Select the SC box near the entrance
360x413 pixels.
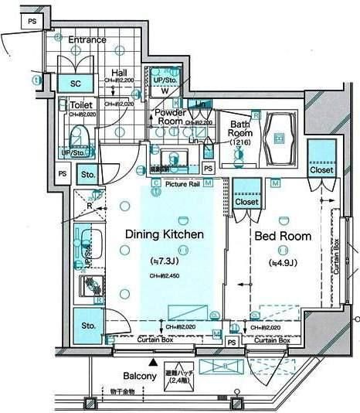tap(76, 82)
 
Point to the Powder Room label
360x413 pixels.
tap(169, 117)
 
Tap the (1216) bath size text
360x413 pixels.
tap(241, 142)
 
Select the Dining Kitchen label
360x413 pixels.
tap(165, 234)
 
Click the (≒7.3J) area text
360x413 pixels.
tap(164, 261)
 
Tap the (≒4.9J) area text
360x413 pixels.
tap(283, 263)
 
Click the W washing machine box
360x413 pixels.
tap(165, 90)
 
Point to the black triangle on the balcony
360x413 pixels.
tap(153, 361)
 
